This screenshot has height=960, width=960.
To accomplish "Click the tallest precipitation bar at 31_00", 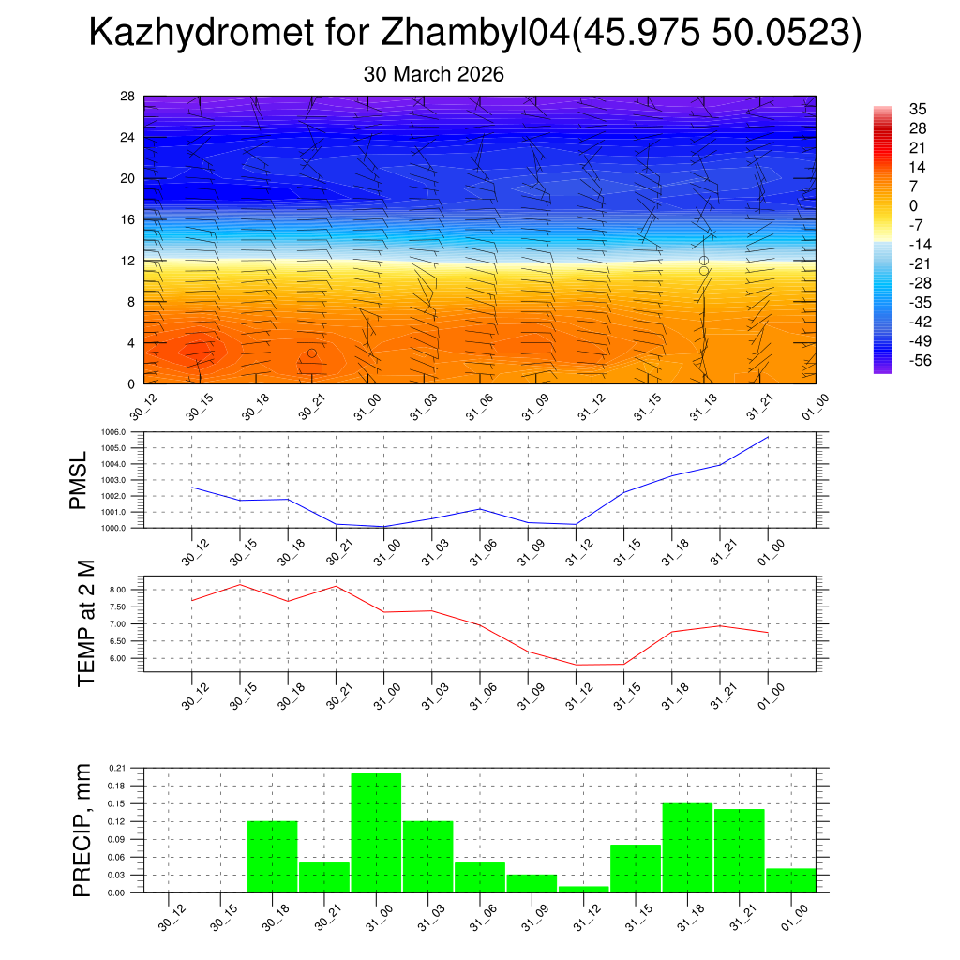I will pyautogui.click(x=376, y=832).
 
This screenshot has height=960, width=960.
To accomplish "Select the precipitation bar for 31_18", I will pyautogui.click(x=687, y=847).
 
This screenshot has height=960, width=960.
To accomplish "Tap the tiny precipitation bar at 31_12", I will pyautogui.click(x=583, y=889).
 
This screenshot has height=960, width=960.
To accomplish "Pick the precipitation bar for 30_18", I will pyautogui.click(x=272, y=856).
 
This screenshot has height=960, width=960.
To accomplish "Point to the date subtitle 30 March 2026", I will pyautogui.click(x=433, y=74).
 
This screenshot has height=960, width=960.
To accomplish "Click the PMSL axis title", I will pyautogui.click(x=82, y=479).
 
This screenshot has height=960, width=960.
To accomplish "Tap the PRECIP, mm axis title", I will pyautogui.click(x=83, y=830).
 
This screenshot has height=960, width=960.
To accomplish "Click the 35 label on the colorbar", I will pyautogui.click(x=918, y=109).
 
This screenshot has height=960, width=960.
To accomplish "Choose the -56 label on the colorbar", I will pyautogui.click(x=920, y=361).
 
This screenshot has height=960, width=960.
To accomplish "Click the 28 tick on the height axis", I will pyautogui.click(x=128, y=97).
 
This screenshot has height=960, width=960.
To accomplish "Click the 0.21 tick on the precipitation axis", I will pyautogui.click(x=117, y=768).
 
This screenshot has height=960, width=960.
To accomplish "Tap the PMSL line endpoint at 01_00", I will pyautogui.click(x=768, y=437).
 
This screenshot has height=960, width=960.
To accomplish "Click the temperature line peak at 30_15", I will pyautogui.click(x=239, y=584).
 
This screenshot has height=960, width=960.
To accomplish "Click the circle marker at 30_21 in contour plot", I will pyautogui.click(x=312, y=352).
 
